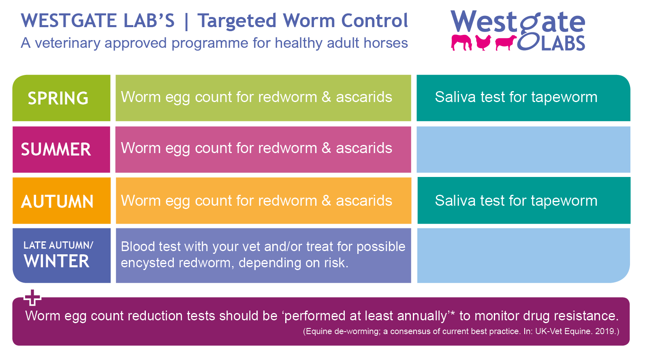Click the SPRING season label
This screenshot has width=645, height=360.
click(x=58, y=98)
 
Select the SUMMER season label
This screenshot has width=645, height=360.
click(x=56, y=149)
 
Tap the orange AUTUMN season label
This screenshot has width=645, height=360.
click(x=57, y=201)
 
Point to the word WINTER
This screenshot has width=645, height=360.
click(x=56, y=261)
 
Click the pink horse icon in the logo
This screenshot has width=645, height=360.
click(x=461, y=43)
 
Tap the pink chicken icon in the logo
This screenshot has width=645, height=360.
click(x=483, y=43)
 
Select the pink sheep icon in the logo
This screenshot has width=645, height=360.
click(x=506, y=43)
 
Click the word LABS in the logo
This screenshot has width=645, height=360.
click(x=563, y=43)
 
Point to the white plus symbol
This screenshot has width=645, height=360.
click(x=32, y=298)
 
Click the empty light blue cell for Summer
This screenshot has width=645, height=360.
click(x=523, y=150)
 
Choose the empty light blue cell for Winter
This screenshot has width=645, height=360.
click(x=523, y=256)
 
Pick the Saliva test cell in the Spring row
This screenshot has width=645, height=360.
click(x=523, y=98)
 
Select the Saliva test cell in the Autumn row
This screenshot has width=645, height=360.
click(x=524, y=200)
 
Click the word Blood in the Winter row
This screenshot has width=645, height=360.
click(x=137, y=247)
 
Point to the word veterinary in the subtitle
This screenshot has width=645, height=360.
click(x=68, y=43)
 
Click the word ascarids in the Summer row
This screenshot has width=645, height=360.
click(x=364, y=148)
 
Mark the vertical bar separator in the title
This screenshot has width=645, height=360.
click(x=186, y=21)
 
